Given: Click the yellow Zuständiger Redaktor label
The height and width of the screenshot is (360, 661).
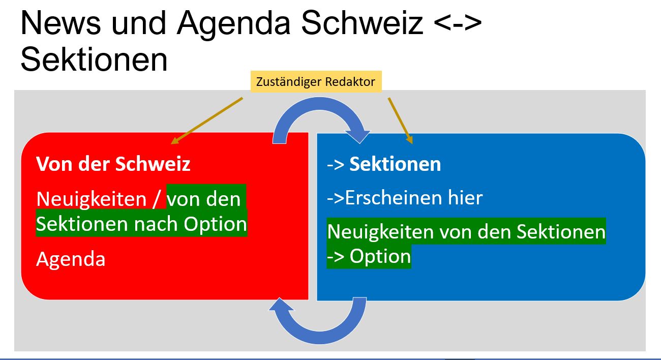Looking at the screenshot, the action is [x=316, y=82].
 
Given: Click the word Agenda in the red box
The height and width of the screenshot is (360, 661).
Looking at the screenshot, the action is [x=71, y=259].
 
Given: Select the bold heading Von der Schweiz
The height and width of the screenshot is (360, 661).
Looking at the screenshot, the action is [x=113, y=164].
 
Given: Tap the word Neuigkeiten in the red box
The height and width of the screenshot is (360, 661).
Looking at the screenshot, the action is [x=92, y=199].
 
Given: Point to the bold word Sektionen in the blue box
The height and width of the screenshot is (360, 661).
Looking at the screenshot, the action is [x=395, y=164].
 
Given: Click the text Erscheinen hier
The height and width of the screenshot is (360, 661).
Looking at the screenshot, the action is [x=414, y=198].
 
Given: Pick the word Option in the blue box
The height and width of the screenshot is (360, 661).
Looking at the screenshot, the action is [x=380, y=256].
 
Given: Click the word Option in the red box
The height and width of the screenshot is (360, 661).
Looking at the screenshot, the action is [x=215, y=224].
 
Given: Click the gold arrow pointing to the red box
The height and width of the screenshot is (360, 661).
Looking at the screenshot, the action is [x=207, y=121].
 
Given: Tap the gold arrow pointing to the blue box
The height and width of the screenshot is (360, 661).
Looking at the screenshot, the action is [x=400, y=121].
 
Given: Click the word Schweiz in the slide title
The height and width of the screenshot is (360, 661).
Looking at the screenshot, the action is [x=362, y=23].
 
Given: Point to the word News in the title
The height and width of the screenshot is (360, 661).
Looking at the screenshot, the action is [x=61, y=23].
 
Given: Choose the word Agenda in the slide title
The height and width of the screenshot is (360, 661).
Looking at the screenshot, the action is [x=234, y=25].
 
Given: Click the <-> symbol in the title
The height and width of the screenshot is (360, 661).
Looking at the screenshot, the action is [x=458, y=23].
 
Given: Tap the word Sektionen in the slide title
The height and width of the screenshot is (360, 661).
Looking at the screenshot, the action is [x=94, y=59].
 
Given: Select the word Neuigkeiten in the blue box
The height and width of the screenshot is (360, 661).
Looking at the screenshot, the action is [x=381, y=232].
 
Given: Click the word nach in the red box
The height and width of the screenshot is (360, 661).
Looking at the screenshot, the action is [x=156, y=224].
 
